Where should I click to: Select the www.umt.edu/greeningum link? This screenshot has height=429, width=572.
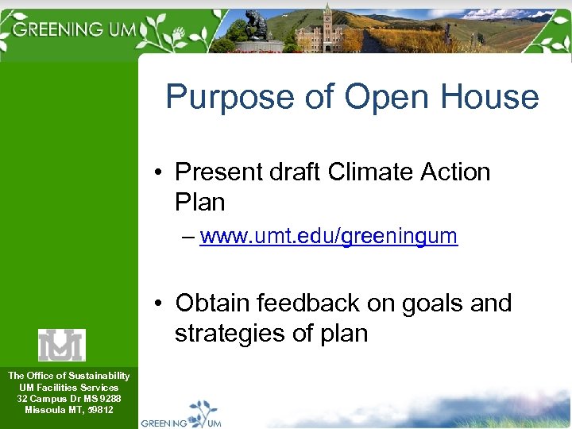329,236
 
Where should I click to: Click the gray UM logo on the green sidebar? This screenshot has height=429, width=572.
61,345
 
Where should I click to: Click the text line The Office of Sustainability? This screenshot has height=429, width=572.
68,376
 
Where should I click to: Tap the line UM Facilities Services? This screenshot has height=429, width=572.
68,387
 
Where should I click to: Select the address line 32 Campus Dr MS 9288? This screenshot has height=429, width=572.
68,398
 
